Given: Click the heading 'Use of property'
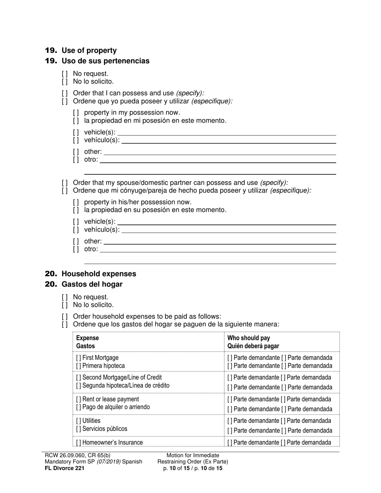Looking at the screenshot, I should coord(89,51).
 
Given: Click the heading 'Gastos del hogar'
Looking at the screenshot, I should coord(92,284).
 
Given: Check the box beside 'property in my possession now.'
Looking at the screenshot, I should coord(76,113).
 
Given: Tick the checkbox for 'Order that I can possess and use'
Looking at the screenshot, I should coord(65,93).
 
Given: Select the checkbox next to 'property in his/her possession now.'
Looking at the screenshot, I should coord(76,202).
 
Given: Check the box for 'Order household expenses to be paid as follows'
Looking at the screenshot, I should coord(65,316).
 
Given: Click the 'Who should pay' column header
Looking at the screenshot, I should coord(249,338).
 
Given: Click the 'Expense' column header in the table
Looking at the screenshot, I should coord(87,338).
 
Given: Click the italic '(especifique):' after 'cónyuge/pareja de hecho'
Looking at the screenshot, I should coord(290,190).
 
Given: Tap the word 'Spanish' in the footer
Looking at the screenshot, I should coord(132,462).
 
